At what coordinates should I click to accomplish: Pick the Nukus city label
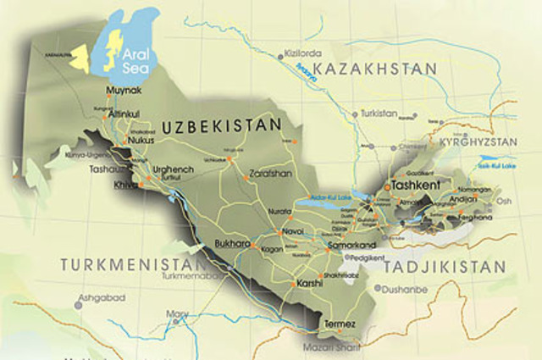coord(141,141)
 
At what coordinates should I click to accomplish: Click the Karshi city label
coord(308,284)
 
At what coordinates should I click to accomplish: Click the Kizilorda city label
coord(301,53)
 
